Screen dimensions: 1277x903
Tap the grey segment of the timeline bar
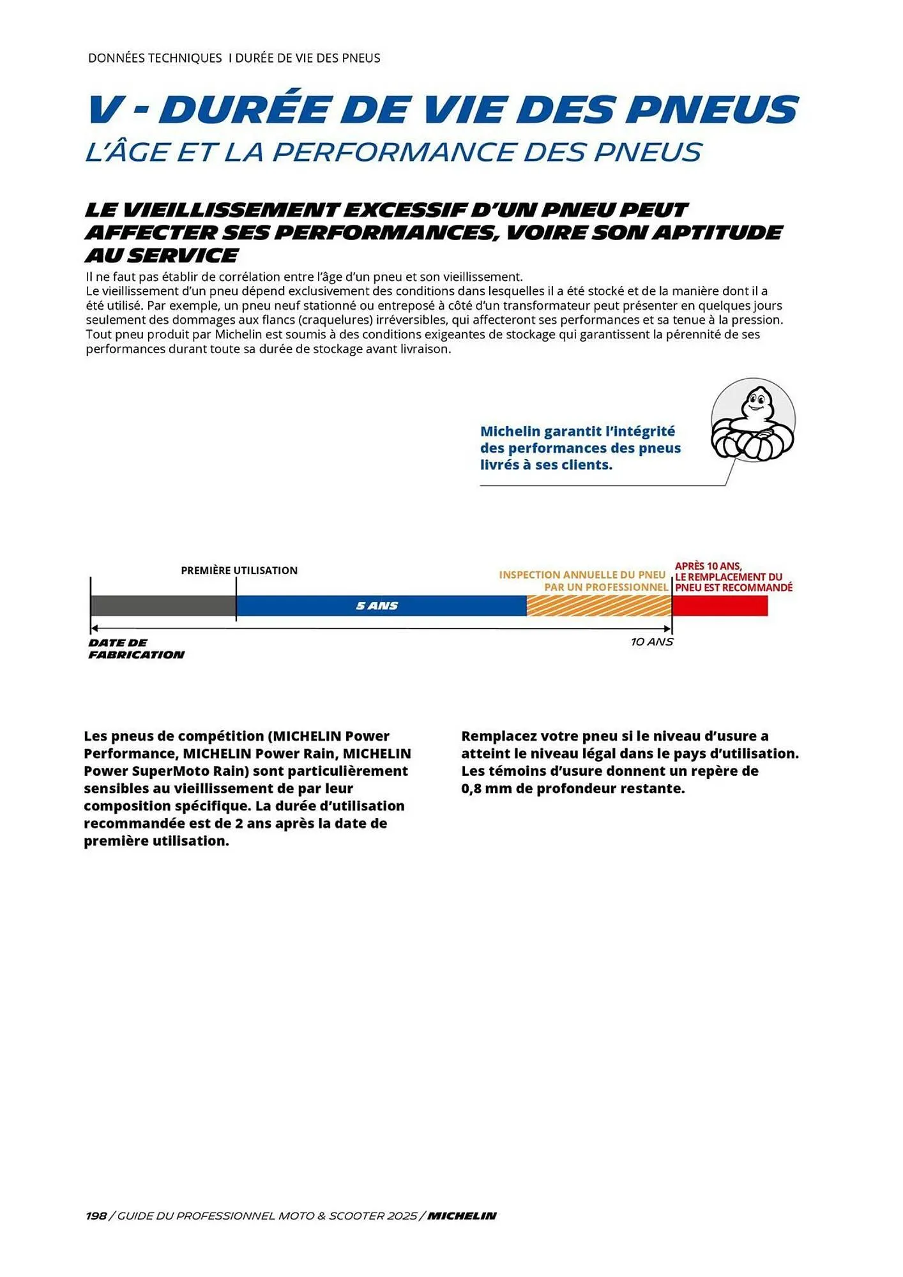[163, 605]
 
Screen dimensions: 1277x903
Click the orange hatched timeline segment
[598, 605]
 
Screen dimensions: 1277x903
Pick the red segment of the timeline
[720, 605]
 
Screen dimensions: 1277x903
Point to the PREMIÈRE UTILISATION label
[239, 570]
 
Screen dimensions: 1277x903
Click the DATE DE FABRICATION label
[136, 649]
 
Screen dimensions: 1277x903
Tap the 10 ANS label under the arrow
[651, 642]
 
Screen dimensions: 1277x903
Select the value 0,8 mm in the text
[490, 789]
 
